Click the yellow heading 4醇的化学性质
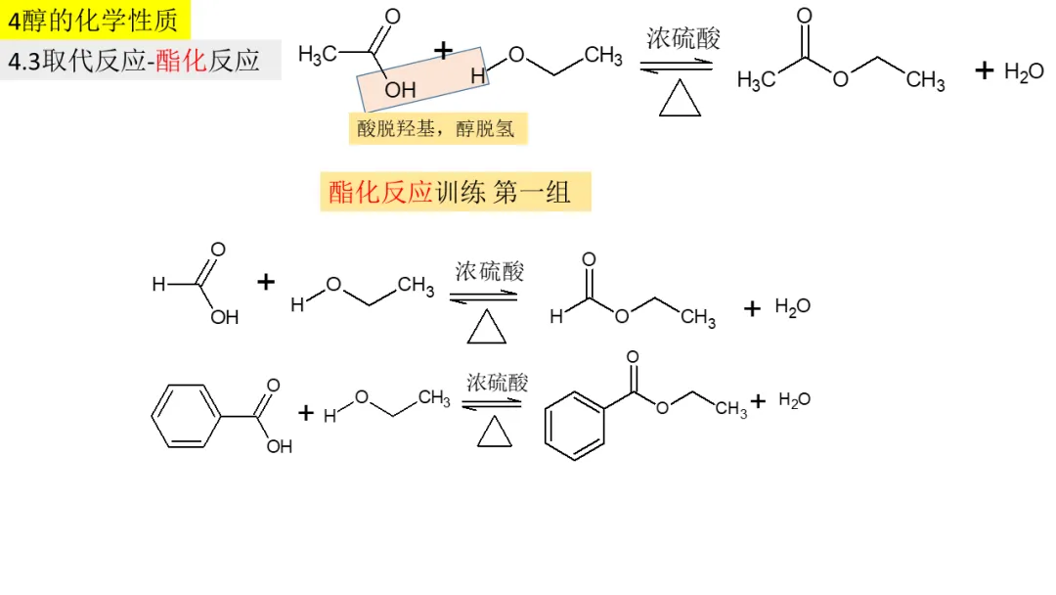coord(95,19)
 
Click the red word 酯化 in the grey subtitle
coord(181,61)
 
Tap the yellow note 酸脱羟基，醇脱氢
coord(437,128)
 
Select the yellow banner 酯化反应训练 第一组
coord(455,193)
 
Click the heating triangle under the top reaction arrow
coord(680,99)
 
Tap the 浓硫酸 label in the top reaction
coord(682,39)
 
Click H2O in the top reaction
coord(1024,72)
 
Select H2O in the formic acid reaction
coord(793,307)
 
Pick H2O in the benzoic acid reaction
coord(795,400)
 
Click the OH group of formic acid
coord(225,317)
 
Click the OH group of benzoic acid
coord(279,447)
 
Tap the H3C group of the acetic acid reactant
coord(318,55)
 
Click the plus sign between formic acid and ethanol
coord(266,283)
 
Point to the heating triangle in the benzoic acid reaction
coord(495,433)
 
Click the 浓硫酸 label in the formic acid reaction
coord(489,272)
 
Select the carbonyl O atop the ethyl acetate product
coord(804,16)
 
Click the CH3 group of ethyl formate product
coord(698,318)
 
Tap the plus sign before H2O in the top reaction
coord(984,70)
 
